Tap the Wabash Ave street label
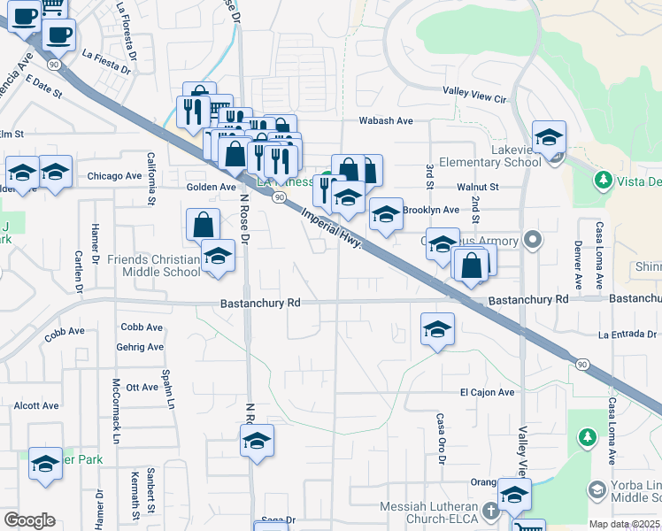[x=386, y=120]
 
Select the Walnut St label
[x=478, y=187]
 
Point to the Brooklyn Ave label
[x=431, y=210]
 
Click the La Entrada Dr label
[x=627, y=335]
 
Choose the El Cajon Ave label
[x=487, y=392]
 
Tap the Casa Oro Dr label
[x=440, y=435]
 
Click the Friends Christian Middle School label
[x=153, y=265]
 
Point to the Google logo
[x=29, y=520]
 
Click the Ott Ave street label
[x=142, y=387]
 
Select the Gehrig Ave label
[x=142, y=350]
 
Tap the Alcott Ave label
[x=36, y=405]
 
